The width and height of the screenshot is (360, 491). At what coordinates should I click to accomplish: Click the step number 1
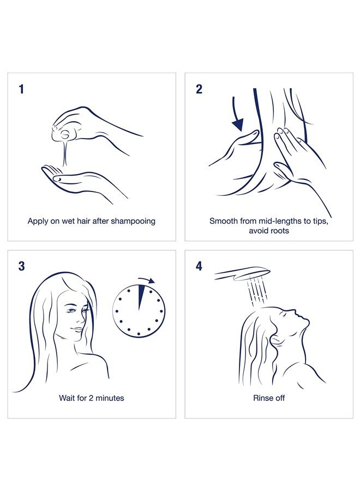pyautogui.click(x=21, y=89)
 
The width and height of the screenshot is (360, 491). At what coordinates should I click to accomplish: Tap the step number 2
pyautogui.click(x=199, y=89)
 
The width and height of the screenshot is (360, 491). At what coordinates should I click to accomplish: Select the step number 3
pyautogui.click(x=21, y=266)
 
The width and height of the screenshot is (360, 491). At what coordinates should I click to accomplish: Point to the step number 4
pyautogui.click(x=199, y=266)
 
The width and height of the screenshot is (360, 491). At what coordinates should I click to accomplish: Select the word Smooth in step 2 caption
pyautogui.click(x=224, y=221)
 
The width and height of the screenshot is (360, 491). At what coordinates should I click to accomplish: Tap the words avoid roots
pyautogui.click(x=269, y=231)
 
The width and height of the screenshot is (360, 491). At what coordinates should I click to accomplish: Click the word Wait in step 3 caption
pyautogui.click(x=68, y=398)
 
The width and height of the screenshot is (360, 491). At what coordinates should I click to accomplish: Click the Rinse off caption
pyautogui.click(x=269, y=398)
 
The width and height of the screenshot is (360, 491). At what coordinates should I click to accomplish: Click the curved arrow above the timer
pyautogui.click(x=147, y=280)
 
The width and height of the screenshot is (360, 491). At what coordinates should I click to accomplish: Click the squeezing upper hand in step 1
pyautogui.click(x=93, y=123)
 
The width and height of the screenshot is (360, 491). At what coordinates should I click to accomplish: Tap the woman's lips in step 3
pyautogui.click(x=79, y=330)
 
